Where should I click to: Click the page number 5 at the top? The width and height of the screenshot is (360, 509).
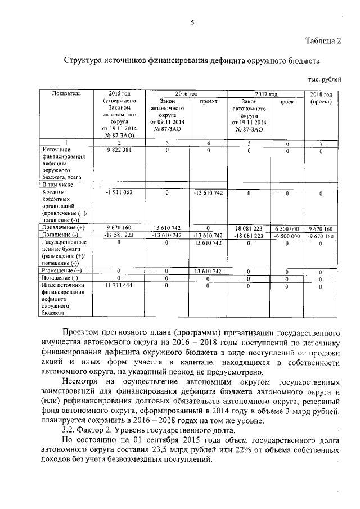tap(192, 22)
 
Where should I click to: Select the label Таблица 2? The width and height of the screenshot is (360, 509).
tap(323, 40)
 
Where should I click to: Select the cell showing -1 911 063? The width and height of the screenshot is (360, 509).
tap(119, 193)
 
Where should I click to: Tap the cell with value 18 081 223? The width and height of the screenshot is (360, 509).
tap(249, 228)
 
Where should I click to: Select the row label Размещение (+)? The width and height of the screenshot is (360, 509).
tap(62, 271)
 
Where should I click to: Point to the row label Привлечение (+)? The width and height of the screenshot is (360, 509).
tap(63, 228)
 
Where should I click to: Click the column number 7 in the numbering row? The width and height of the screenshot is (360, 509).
tap(321, 143)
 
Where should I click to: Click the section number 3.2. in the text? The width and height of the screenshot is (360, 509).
tap(70, 430)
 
